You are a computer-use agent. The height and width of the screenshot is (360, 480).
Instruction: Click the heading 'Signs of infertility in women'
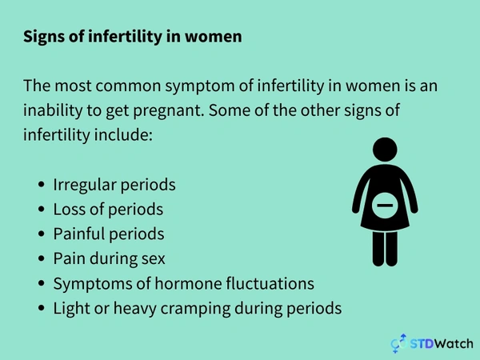(132, 37)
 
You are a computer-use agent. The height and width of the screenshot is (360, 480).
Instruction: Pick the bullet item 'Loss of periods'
(108, 209)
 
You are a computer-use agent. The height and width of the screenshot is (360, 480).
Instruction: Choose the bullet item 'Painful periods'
(109, 234)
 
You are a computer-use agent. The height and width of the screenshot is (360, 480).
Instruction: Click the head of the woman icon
(386, 149)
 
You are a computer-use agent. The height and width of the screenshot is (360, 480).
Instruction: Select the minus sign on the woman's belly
(386, 207)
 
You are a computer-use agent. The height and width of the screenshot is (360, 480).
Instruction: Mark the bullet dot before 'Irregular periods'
(41, 184)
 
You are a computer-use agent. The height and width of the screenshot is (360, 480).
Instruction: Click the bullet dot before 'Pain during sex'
(41, 259)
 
